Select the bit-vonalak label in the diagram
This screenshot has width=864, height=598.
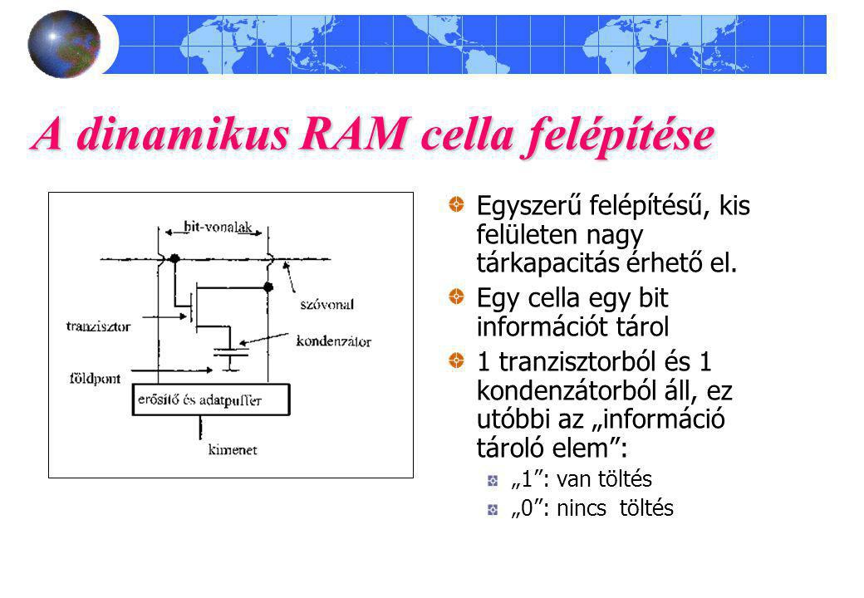pos(211,227)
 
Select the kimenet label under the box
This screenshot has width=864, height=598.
pos(232,450)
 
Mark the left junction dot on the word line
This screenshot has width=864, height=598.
pos(174,258)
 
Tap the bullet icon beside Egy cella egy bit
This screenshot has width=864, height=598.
pos(457,296)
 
